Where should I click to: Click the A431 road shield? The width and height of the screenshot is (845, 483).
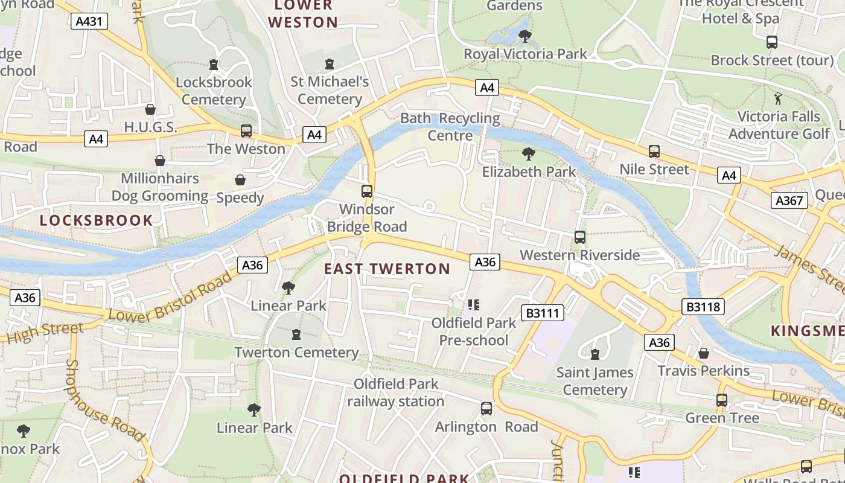pos(89,22)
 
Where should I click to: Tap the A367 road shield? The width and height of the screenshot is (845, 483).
pos(789,200)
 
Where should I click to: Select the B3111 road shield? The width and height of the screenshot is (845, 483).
pos(544,313)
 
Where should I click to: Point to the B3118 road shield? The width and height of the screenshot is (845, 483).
pos(704,307)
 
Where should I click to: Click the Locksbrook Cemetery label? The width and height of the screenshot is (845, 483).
pos(214,91)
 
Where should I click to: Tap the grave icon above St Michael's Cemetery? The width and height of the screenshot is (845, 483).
pos(330,64)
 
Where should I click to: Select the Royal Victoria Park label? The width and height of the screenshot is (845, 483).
pos(525,54)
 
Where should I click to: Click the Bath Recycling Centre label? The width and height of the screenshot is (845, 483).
pos(450,127)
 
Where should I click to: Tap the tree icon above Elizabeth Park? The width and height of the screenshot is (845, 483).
pos(529,154)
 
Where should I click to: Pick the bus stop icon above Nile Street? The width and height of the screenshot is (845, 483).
pos(654,152)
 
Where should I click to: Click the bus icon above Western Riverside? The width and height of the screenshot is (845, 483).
pos(580,237)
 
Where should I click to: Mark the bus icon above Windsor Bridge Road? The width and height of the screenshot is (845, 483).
pos(366,191)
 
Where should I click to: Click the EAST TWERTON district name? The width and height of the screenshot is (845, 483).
pos(387,269)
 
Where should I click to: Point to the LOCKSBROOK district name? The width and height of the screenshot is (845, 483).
pos(97,220)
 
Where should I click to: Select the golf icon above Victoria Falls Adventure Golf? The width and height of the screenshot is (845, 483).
pos(779,98)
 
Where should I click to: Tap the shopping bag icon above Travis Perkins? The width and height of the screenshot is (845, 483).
pos(704,353)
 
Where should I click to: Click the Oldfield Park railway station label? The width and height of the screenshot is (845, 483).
pos(396,392)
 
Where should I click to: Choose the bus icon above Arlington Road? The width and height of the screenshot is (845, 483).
pos(486,409)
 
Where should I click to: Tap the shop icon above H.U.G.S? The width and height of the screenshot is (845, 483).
pos(150,109)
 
